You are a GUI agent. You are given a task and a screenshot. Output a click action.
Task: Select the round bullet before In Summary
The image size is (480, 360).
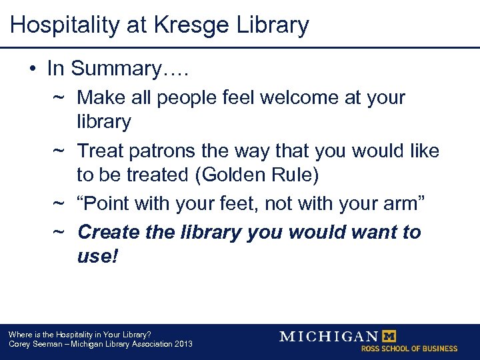31,69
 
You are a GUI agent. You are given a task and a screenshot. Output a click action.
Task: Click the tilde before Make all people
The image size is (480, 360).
58,98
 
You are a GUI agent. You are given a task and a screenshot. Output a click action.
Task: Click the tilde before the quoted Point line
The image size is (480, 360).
58,204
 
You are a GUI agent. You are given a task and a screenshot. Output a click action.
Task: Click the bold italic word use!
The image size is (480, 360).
97,256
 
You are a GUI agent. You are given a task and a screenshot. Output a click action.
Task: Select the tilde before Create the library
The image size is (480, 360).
58,233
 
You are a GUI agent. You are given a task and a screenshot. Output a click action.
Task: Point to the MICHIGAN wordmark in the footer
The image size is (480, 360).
328,336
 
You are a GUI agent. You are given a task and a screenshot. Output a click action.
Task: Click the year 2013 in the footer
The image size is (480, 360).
182,344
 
